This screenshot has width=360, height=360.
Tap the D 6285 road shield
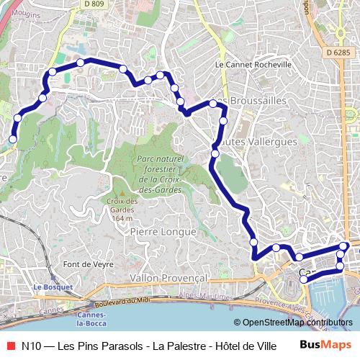(x=337, y=53)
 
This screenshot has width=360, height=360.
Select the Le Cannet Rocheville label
(x=253, y=64)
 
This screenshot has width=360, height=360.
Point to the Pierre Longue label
(x=163, y=232)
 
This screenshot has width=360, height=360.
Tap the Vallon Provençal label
(x=169, y=277)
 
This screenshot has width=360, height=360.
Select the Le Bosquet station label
(x=53, y=287)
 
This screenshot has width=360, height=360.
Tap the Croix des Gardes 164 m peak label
(x=122, y=209)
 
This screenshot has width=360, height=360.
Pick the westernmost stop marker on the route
(x=12, y=139)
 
